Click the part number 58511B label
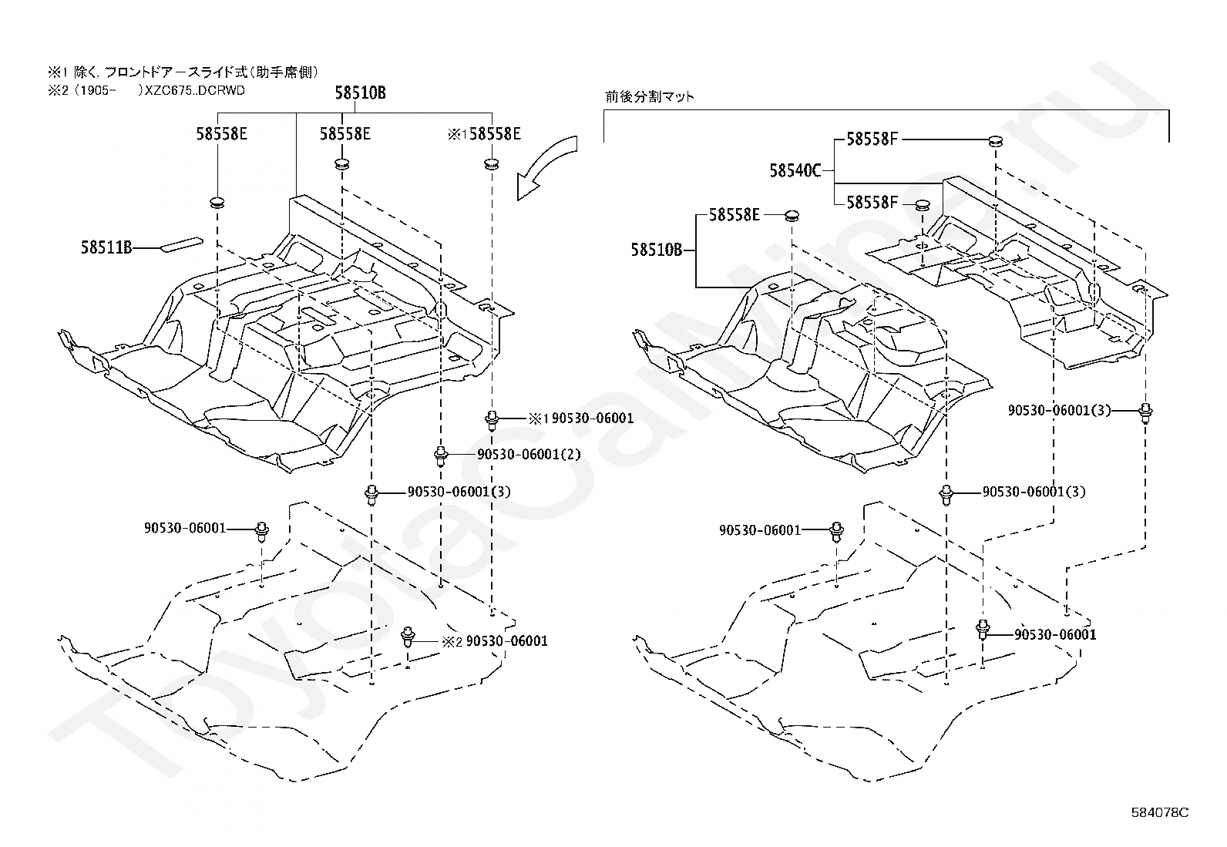point(106,247)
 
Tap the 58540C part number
point(795,171)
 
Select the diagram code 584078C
point(1160,812)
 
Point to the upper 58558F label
point(872,139)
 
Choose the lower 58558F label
point(872,203)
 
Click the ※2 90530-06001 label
point(495,641)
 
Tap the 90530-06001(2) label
point(529,454)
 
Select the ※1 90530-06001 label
point(581,418)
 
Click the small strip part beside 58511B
point(181,244)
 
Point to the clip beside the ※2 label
point(408,637)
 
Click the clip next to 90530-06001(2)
point(441,455)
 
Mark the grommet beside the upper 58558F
point(996,141)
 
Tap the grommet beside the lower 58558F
point(923,206)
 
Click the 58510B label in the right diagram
point(656,250)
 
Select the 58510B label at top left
point(361,93)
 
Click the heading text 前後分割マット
point(650,97)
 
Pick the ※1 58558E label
point(484,133)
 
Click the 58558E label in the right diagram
point(735,215)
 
